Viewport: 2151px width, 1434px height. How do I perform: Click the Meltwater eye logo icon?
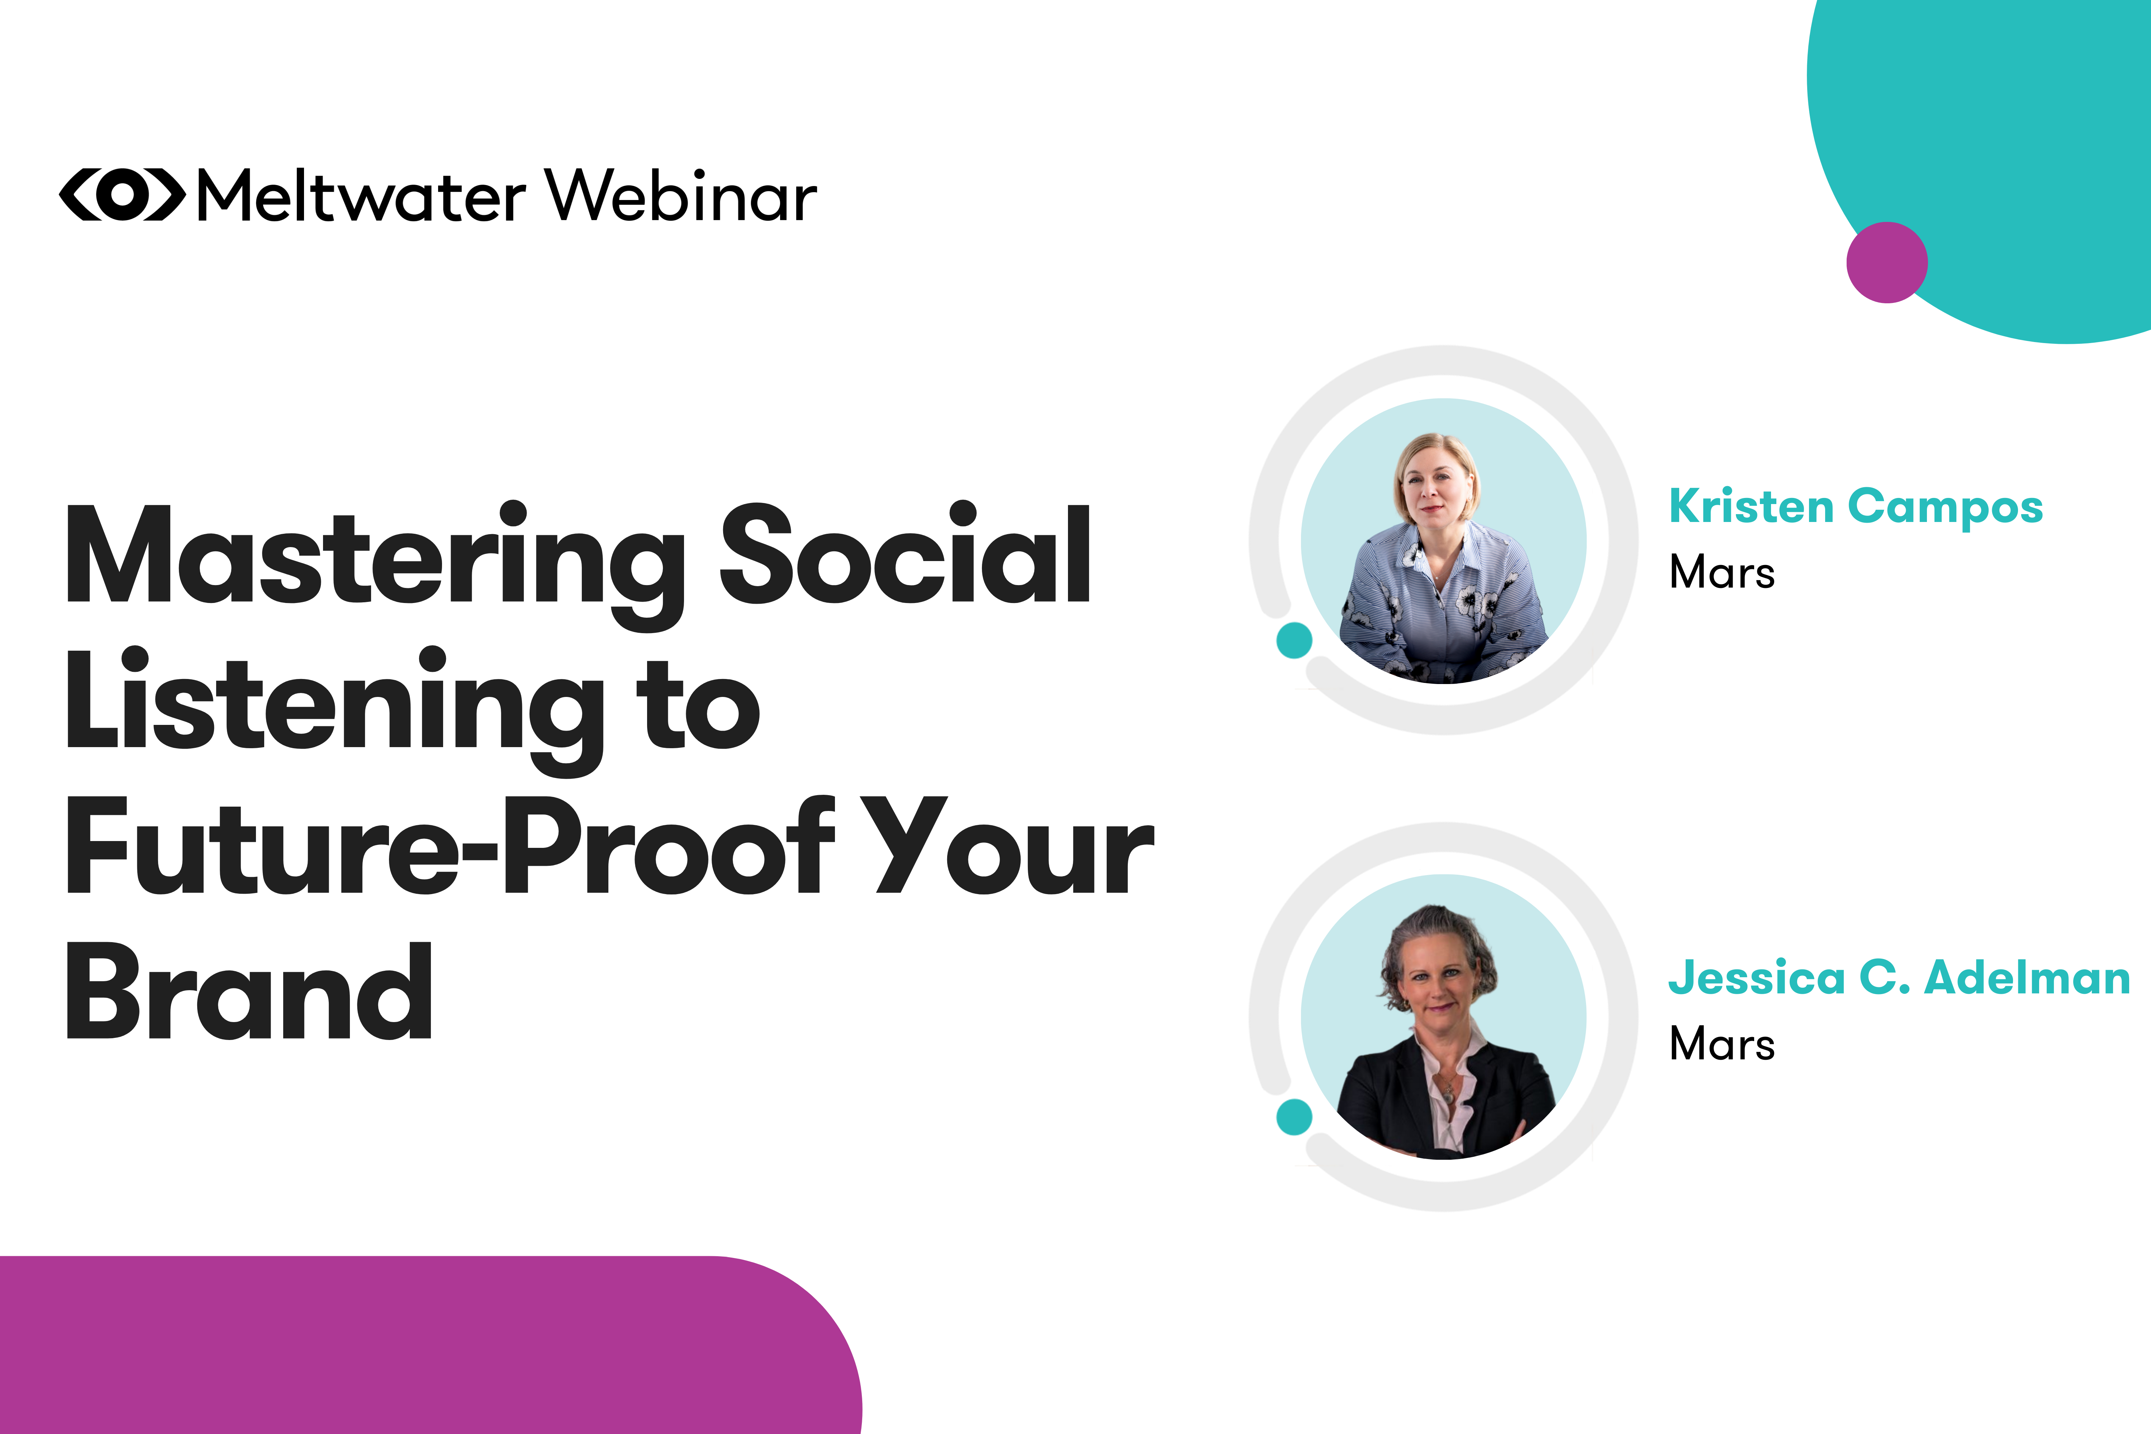122,195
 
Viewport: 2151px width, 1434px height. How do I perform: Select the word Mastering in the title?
375,558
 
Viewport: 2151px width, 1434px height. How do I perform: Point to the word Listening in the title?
334,704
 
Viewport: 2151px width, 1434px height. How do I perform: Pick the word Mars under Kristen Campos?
1721,573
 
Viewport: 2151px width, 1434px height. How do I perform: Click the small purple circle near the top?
1887,262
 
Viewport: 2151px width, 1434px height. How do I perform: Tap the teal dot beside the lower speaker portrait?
1294,1117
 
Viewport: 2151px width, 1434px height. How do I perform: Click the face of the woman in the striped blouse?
1434,485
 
